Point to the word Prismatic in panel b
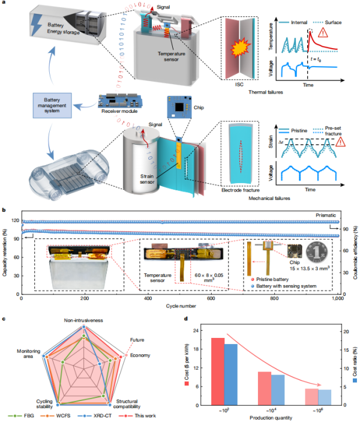[x=326, y=214]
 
